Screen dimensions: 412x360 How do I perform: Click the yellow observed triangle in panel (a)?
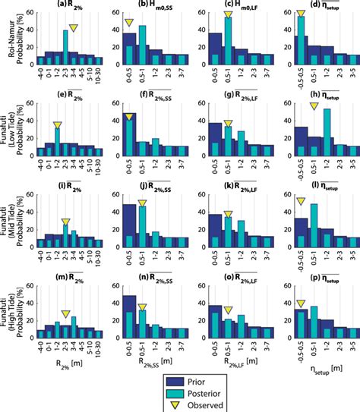[x=73, y=28]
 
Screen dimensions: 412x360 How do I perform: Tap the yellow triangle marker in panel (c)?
[x=228, y=15]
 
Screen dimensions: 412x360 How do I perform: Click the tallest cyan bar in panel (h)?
[x=327, y=133]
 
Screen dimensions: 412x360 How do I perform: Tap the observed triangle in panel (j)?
[x=142, y=203]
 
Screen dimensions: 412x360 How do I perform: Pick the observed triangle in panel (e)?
[x=58, y=124]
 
